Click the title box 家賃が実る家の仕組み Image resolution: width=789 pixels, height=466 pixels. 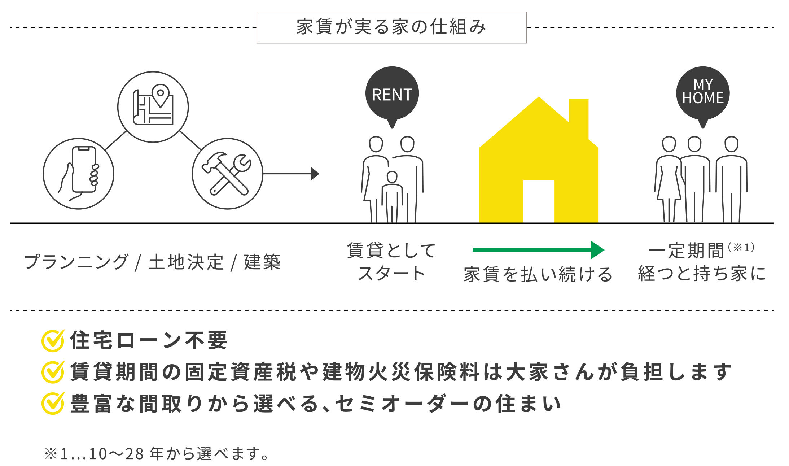[x=391, y=27]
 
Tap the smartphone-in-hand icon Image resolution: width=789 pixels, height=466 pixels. [x=79, y=174]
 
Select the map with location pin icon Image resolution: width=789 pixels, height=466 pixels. [x=153, y=107]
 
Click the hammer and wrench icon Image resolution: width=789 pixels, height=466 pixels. [x=227, y=174]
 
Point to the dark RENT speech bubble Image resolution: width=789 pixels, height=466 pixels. [x=392, y=94]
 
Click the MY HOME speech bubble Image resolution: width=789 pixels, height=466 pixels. [x=702, y=92]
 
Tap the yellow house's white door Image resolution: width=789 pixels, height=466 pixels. [x=538, y=201]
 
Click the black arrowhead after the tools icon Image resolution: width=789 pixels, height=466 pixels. [x=315, y=174]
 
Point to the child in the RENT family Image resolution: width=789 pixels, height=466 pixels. [x=392, y=197]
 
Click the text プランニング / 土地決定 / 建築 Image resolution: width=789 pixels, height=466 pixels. [x=152, y=262]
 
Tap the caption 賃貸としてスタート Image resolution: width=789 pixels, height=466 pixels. [x=391, y=262]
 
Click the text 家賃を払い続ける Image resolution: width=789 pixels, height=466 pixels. [x=538, y=274]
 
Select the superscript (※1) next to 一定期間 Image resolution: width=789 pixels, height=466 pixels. [x=741, y=248]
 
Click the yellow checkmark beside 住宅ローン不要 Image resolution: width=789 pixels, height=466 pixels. [x=53, y=340]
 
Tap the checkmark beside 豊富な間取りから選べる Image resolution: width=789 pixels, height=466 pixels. [x=53, y=403]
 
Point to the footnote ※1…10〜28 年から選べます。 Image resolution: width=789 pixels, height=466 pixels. [x=157, y=454]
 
